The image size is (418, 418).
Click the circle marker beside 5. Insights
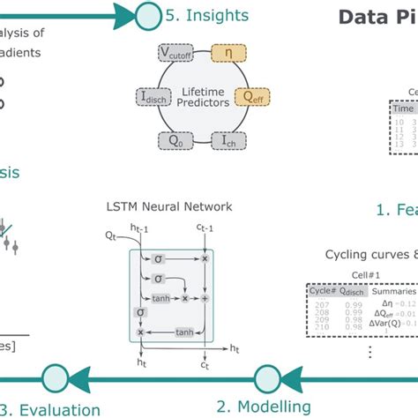(x=148, y=15)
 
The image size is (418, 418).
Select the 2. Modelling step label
(x=264, y=407)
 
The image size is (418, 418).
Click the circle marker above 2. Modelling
(x=267, y=376)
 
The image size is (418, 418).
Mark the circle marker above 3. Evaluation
(x=55, y=376)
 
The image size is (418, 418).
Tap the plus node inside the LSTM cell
(x=204, y=299)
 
